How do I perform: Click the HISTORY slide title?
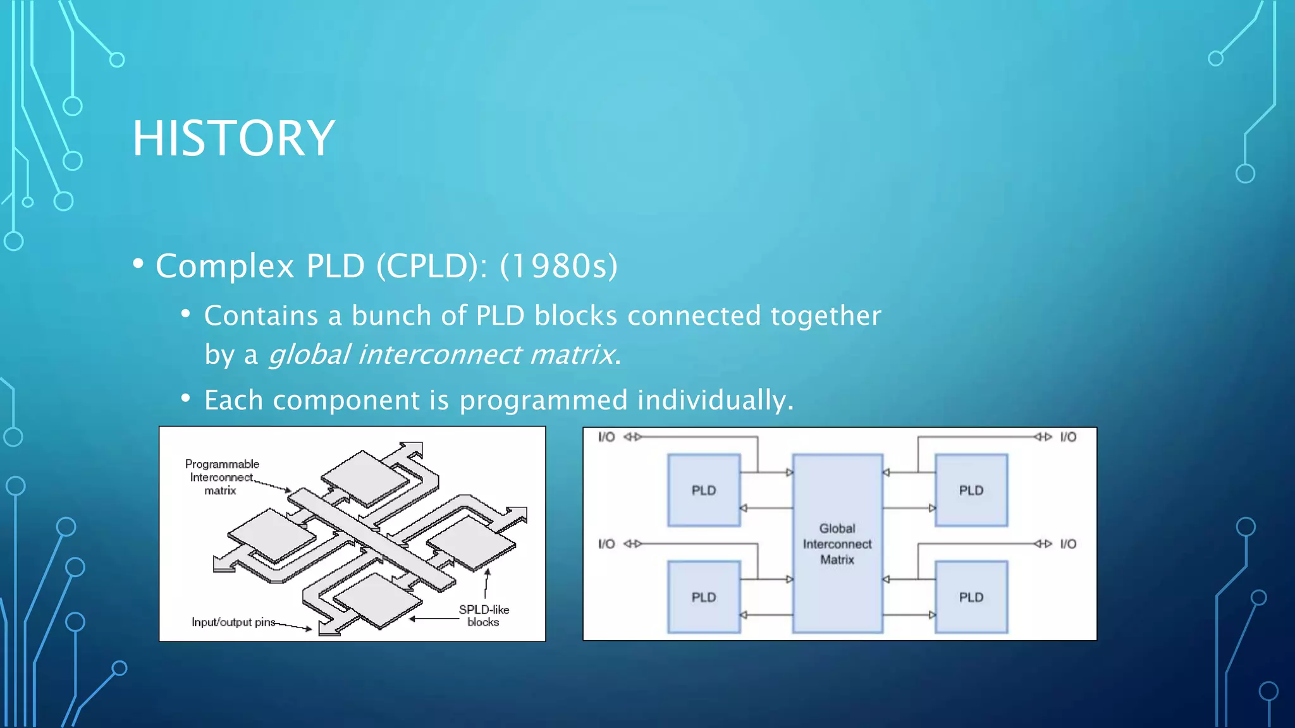233,138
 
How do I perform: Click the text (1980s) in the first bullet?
558,266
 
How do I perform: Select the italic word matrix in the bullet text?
571,355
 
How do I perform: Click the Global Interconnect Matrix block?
837,543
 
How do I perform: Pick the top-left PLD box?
704,490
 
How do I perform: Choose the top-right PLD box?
971,490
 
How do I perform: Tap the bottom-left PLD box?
704,597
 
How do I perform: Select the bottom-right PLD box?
971,597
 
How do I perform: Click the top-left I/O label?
606,437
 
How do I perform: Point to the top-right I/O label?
1068,437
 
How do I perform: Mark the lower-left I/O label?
606,543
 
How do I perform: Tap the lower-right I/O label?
1068,543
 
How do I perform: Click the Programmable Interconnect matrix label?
221,477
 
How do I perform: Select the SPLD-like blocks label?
484,616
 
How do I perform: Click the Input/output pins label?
233,622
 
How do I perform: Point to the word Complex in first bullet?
225,266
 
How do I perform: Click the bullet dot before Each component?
185,398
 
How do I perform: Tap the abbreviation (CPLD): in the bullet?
431,266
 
